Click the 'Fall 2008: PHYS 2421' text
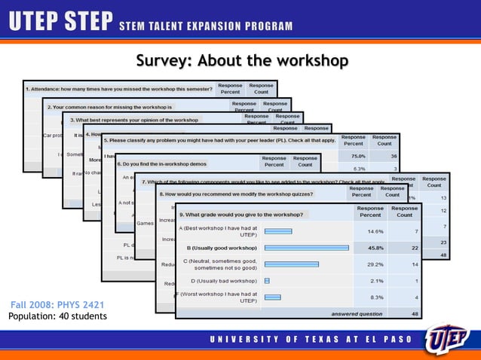pyautogui.click(x=57, y=305)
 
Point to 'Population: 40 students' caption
pyautogui.click(x=57, y=316)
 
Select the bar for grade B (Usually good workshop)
pyautogui.click(x=306, y=247)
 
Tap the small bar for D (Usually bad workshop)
pyautogui.click(x=267, y=280)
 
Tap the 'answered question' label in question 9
pyautogui.click(x=357, y=313)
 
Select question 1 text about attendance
pyautogui.click(x=121, y=88)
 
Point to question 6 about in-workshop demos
pyautogui.click(x=173, y=163)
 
